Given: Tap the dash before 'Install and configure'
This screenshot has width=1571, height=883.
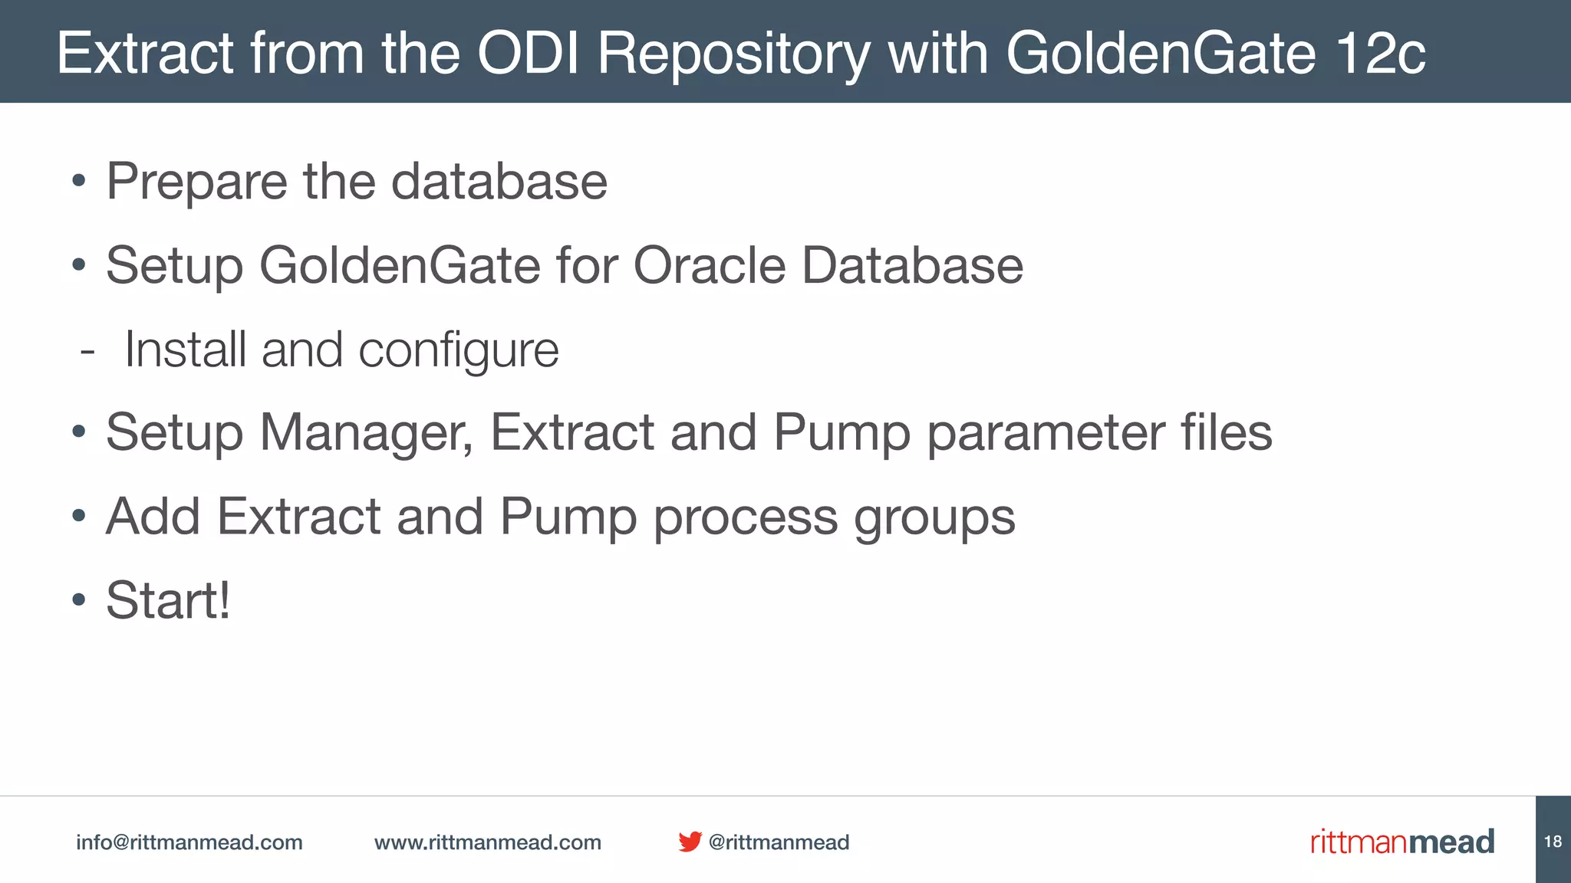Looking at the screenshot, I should [x=87, y=352].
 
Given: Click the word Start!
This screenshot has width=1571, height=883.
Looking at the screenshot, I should [x=168, y=600].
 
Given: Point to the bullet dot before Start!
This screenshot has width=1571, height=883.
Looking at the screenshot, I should [x=78, y=600].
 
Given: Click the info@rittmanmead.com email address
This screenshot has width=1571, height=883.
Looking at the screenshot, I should [x=189, y=842].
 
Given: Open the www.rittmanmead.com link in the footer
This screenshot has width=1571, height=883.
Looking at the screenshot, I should [x=487, y=842].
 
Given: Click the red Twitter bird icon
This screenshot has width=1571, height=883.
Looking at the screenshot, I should [x=690, y=842].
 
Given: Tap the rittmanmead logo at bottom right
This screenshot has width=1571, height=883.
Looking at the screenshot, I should [x=1401, y=842].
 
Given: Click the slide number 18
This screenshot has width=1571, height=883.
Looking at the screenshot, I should [x=1553, y=842].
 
